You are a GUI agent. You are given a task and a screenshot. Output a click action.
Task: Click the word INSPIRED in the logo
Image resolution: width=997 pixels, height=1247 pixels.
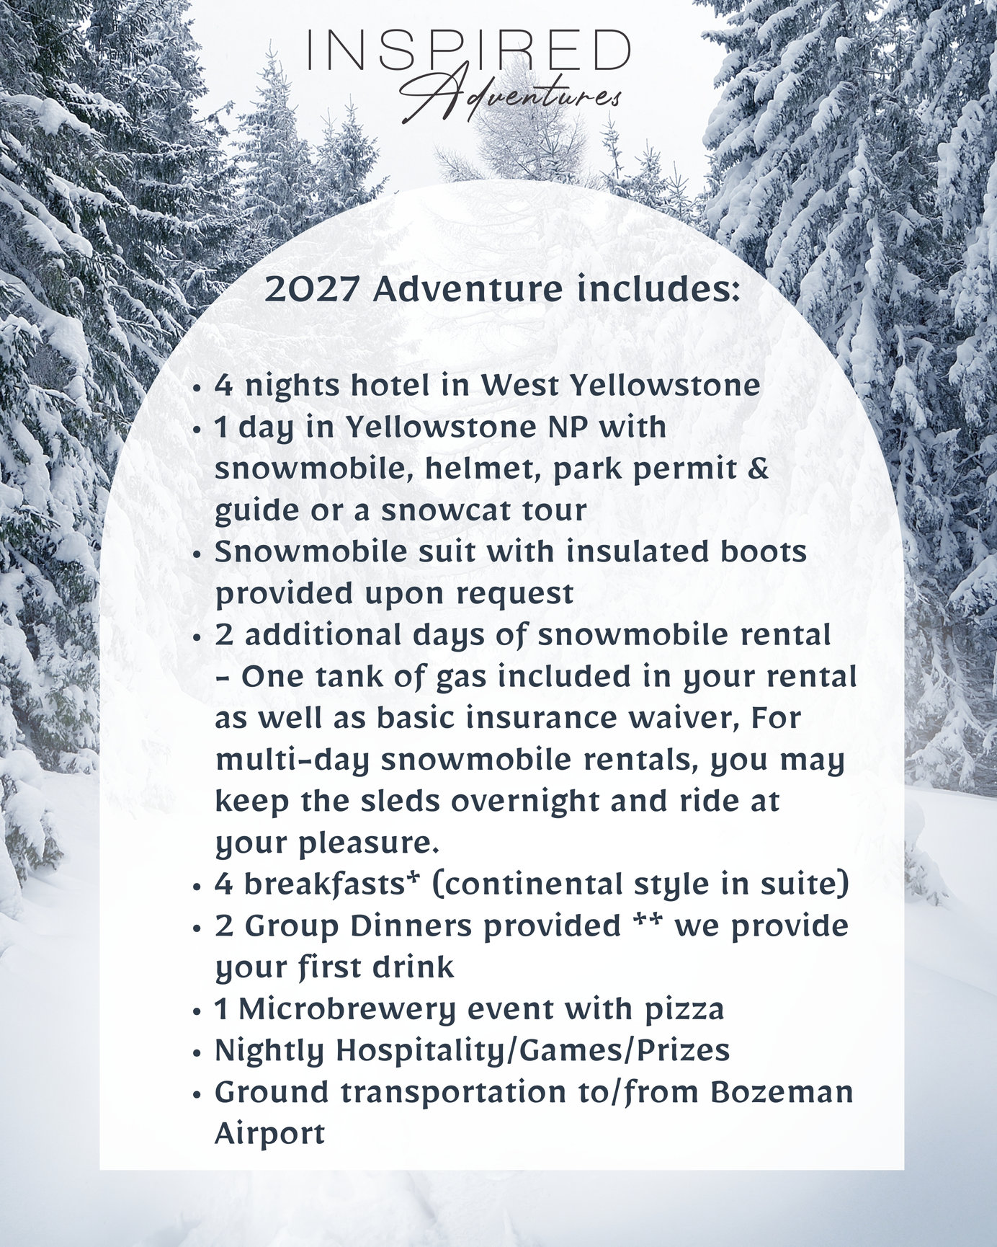tap(469, 50)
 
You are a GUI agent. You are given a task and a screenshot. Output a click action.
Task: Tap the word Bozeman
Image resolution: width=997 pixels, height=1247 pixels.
tap(782, 1093)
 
